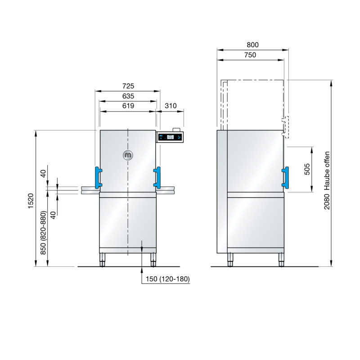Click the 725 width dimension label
[128, 86]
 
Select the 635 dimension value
[128, 96]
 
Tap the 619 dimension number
[128, 106]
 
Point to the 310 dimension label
[171, 106]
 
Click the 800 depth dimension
[252, 45]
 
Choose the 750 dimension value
[250, 55]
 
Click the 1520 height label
[31, 201]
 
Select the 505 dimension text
[307, 169]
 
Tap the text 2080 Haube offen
[327, 180]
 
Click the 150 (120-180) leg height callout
[168, 279]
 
